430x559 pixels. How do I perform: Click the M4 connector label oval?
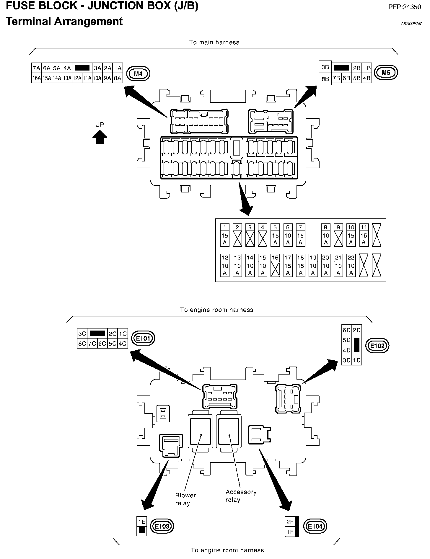click(138, 73)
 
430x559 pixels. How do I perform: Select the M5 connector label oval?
click(386, 73)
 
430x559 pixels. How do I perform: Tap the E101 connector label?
click(143, 339)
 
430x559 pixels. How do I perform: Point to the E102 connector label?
click(377, 346)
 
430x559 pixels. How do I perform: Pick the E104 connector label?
click(315, 526)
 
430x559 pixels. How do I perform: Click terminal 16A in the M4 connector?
click(37, 78)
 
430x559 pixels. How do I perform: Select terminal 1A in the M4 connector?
click(118, 68)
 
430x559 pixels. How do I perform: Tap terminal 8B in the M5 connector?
click(325, 79)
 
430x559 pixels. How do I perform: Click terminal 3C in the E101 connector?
click(82, 334)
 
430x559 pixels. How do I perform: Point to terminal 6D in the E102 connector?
click(346, 330)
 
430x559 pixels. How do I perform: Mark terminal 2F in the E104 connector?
click(290, 522)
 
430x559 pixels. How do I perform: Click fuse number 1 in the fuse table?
click(225, 227)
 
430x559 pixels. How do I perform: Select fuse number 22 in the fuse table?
click(351, 258)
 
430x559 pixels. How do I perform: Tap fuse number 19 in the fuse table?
click(313, 258)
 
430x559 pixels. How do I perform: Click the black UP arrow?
click(100, 137)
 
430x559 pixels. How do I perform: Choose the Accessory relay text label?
click(241, 496)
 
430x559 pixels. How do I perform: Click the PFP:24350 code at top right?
click(404, 7)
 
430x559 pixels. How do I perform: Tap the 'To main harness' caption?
click(214, 42)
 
